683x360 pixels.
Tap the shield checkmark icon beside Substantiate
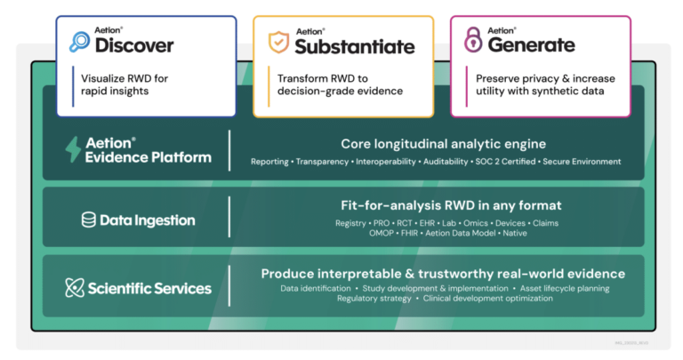(279, 41)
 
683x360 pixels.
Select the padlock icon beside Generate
(472, 41)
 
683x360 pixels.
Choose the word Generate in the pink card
(530, 44)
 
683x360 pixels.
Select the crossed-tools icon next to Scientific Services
(75, 287)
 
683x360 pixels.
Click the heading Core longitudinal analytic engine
(443, 144)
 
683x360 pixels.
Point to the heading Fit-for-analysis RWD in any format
(443, 205)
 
